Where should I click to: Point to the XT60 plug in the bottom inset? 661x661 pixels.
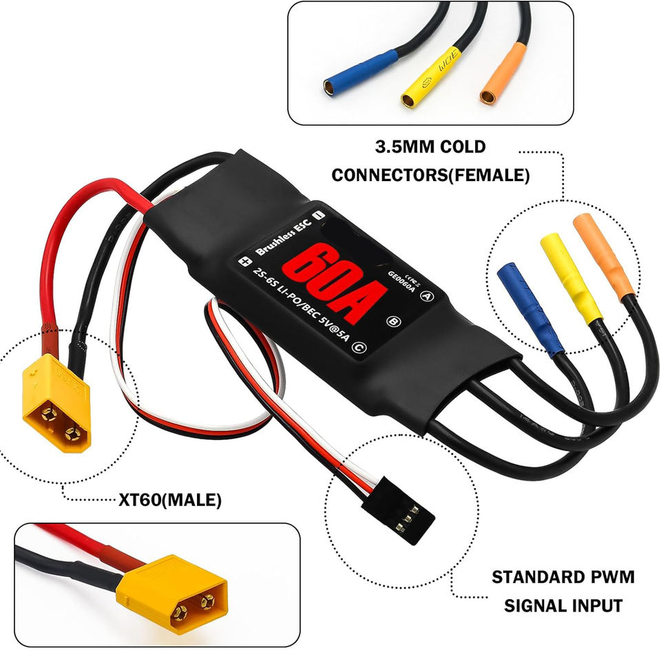172,589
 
